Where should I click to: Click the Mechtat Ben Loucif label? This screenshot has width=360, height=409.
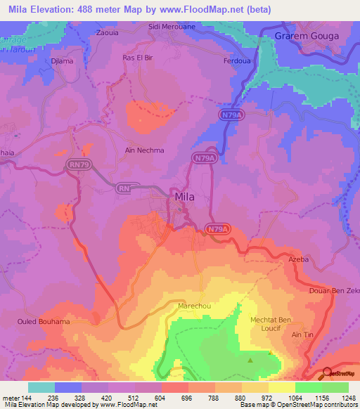[x=271, y=324]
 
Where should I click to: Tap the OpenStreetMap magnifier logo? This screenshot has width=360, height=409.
[x=326, y=374]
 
